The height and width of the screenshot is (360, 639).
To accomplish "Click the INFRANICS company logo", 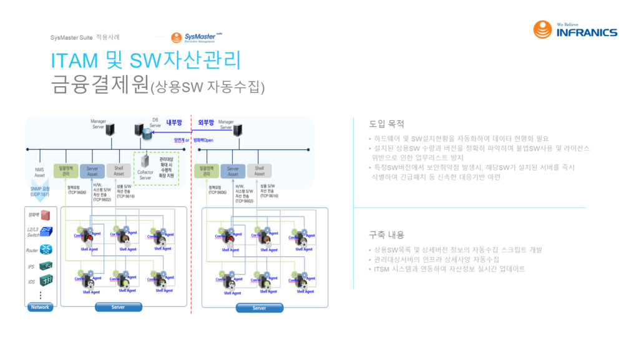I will pyautogui.click(x=575, y=29).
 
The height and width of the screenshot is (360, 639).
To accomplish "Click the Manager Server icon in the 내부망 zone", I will pyautogui.click(x=110, y=129).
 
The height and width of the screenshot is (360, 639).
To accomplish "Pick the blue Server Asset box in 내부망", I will pyautogui.click(x=92, y=170).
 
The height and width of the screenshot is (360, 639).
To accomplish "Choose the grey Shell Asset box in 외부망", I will pyautogui.click(x=259, y=170).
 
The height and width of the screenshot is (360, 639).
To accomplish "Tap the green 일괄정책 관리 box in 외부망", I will pyautogui.click(x=207, y=170).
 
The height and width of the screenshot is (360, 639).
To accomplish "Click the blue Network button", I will pyautogui.click(x=40, y=307).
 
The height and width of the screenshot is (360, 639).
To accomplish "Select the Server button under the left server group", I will pyautogui.click(x=118, y=307).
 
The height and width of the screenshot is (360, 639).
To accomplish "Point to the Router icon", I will pyautogui.click(x=46, y=250).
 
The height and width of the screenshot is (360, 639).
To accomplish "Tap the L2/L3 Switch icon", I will pyautogui.click(x=46, y=231).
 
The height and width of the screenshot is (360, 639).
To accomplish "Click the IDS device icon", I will pyautogui.click(x=46, y=281).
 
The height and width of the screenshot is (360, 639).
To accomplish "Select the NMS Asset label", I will pyautogui.click(x=39, y=171).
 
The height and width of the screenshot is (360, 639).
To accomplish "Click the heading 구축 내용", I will pyautogui.click(x=387, y=235).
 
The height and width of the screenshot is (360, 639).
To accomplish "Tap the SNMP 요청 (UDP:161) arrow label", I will pyautogui.click(x=39, y=192).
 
